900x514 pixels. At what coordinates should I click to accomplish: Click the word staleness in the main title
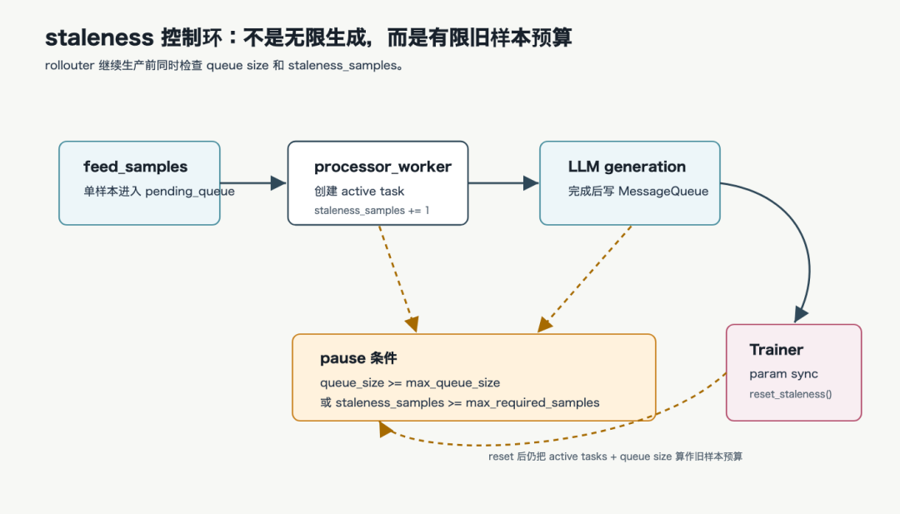coord(99,37)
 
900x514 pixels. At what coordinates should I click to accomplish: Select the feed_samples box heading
coord(136,167)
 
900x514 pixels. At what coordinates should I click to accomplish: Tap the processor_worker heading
coord(382,167)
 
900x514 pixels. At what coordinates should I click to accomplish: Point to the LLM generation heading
coord(627,167)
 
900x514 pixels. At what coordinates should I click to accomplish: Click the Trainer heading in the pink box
coord(776,349)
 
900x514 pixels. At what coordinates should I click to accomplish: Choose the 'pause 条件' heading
coord(358,358)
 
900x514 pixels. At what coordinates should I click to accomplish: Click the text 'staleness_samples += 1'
coord(372,211)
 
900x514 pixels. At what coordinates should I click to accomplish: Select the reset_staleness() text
coord(790,394)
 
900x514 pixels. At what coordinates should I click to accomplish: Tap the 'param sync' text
coord(783,374)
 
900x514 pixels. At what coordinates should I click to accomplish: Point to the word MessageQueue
coord(663,191)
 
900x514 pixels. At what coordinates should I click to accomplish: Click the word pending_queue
coord(189,192)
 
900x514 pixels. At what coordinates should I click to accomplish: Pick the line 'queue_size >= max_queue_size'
coord(410,382)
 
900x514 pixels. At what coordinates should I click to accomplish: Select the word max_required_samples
coord(532,402)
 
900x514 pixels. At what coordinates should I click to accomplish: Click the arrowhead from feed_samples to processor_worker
coord(278,183)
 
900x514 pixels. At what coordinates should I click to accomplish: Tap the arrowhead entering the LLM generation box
coord(531,183)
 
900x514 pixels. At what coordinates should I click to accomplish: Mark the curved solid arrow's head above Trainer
coord(802,314)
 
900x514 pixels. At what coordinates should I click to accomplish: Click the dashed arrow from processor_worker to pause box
coord(397,278)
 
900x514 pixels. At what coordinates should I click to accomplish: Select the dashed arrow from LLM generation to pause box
coord(585,279)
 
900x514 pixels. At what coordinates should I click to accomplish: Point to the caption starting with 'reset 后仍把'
coord(615,457)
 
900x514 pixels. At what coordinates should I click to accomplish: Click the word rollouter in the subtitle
coord(69,66)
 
